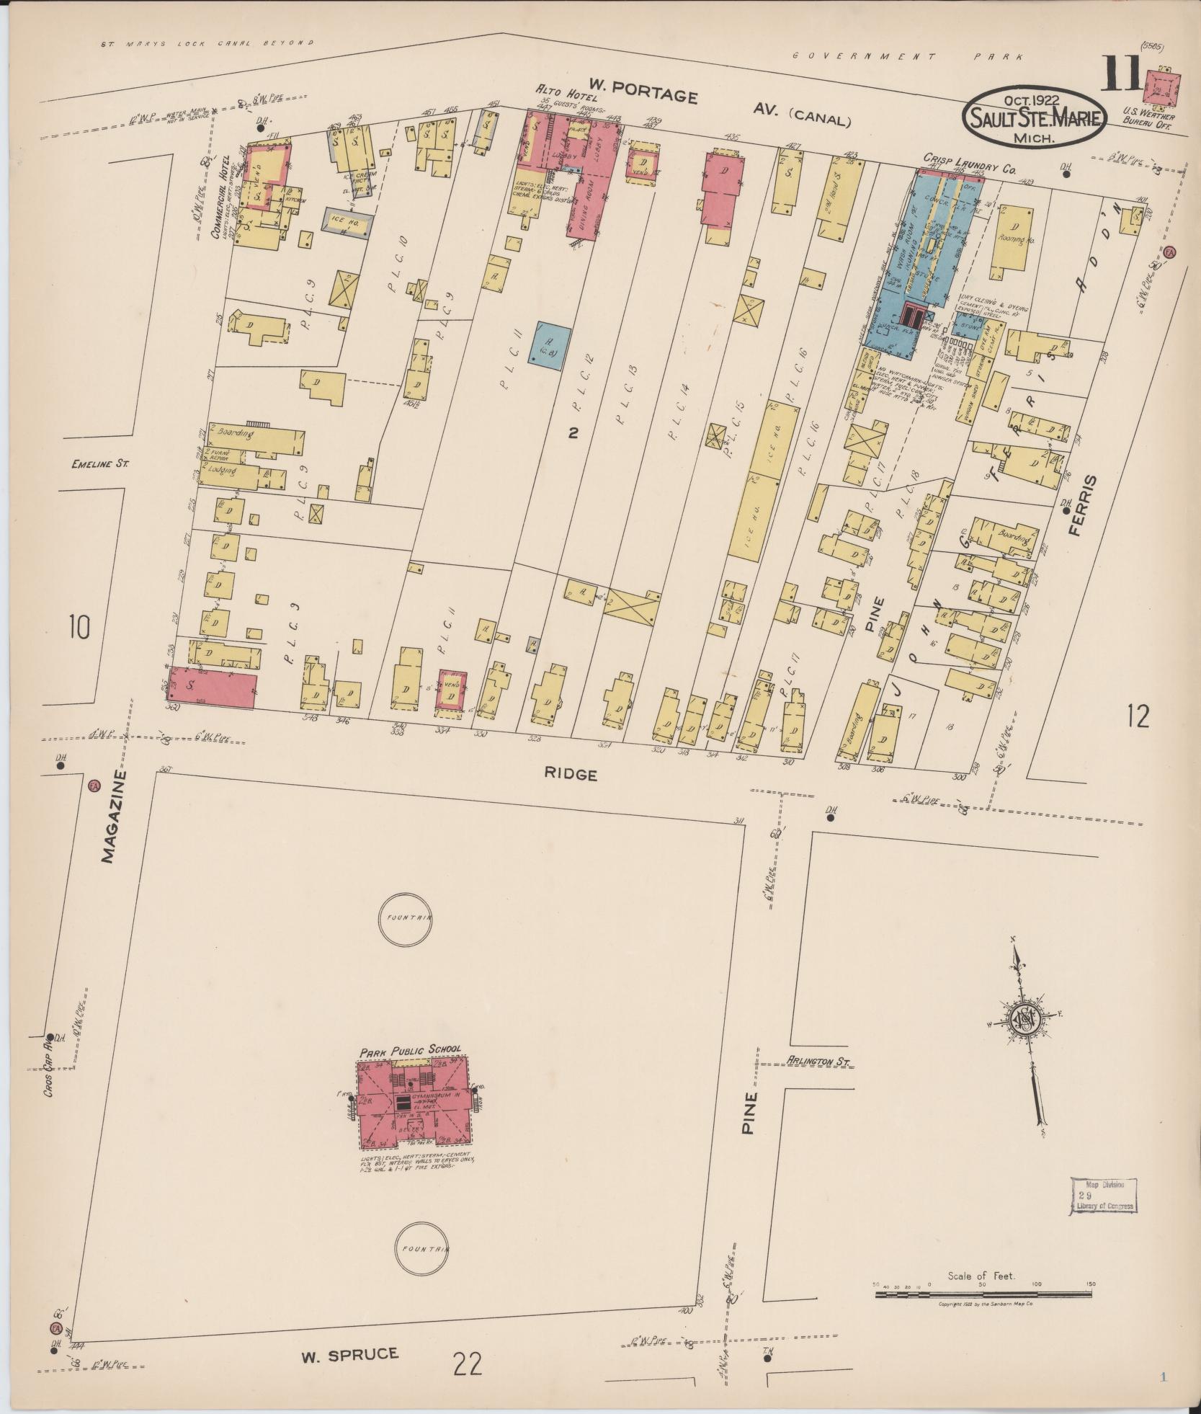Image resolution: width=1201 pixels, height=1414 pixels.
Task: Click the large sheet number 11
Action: pos(1120,76)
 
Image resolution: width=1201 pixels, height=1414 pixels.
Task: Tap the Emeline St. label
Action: pos(99,464)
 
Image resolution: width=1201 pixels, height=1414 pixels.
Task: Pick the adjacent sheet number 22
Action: pos(468,1364)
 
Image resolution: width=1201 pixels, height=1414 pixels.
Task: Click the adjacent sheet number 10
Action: pos(79,626)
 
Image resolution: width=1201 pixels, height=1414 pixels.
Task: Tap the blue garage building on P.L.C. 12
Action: pos(550,344)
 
